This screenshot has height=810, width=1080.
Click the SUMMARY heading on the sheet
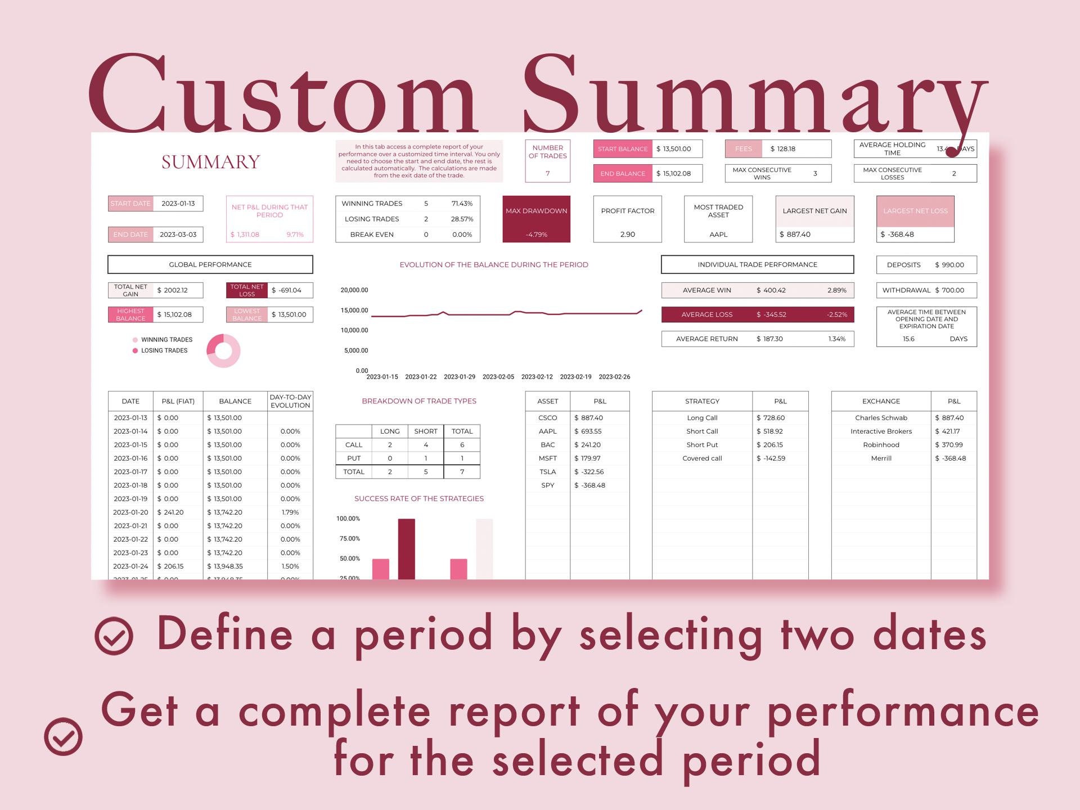point(210,162)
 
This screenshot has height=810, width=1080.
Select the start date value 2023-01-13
point(178,204)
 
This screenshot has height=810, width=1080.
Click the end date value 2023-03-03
point(178,235)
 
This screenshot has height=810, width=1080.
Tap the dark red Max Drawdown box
point(536,219)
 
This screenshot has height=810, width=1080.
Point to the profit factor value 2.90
point(627,235)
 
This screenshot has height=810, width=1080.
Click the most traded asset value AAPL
point(718,235)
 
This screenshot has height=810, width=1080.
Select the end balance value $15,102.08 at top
point(677,173)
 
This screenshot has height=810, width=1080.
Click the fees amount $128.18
point(782,149)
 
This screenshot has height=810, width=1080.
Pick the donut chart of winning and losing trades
point(223,350)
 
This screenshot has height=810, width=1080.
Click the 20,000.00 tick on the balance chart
point(354,290)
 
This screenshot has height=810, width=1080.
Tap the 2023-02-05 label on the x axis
point(498,377)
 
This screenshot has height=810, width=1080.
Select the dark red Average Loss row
point(757,314)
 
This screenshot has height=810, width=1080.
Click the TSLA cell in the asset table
point(547,472)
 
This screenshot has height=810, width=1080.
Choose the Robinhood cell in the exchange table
point(881,445)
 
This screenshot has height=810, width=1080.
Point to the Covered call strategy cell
point(702,458)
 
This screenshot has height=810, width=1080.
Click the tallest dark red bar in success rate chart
point(406,548)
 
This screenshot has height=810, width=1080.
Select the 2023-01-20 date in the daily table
point(130,512)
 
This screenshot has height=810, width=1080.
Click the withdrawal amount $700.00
point(952,290)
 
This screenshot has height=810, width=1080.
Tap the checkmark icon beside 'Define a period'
point(114,636)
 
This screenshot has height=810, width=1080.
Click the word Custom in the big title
point(281,96)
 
